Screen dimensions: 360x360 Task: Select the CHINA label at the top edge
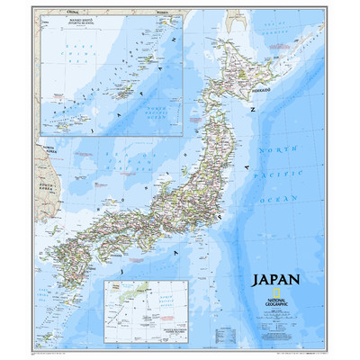click(49, 13)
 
